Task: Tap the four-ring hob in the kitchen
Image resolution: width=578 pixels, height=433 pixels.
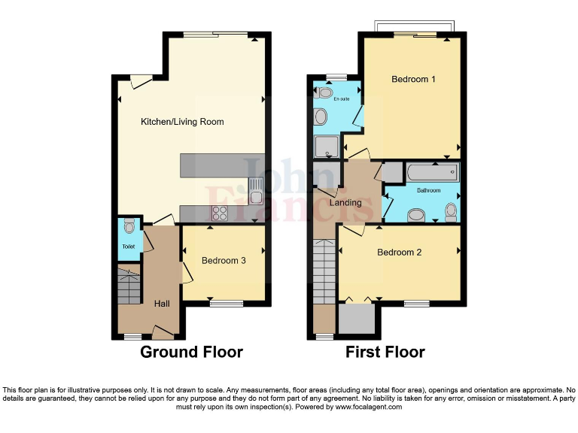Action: tap(221, 213)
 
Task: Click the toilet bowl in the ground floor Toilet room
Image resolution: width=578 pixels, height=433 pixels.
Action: tap(129, 225)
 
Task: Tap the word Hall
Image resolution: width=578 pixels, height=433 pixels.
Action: tap(162, 304)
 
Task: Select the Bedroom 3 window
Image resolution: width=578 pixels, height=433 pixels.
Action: tap(227, 304)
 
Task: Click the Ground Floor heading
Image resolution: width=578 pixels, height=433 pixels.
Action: tap(191, 352)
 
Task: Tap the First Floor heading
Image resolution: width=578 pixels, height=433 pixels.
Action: tap(385, 352)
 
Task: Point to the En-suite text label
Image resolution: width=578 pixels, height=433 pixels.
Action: tap(331, 98)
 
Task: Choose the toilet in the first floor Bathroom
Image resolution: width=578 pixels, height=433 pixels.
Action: tap(452, 212)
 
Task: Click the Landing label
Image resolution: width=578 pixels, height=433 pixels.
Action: tap(346, 202)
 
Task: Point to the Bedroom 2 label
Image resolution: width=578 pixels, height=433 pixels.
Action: tap(399, 253)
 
